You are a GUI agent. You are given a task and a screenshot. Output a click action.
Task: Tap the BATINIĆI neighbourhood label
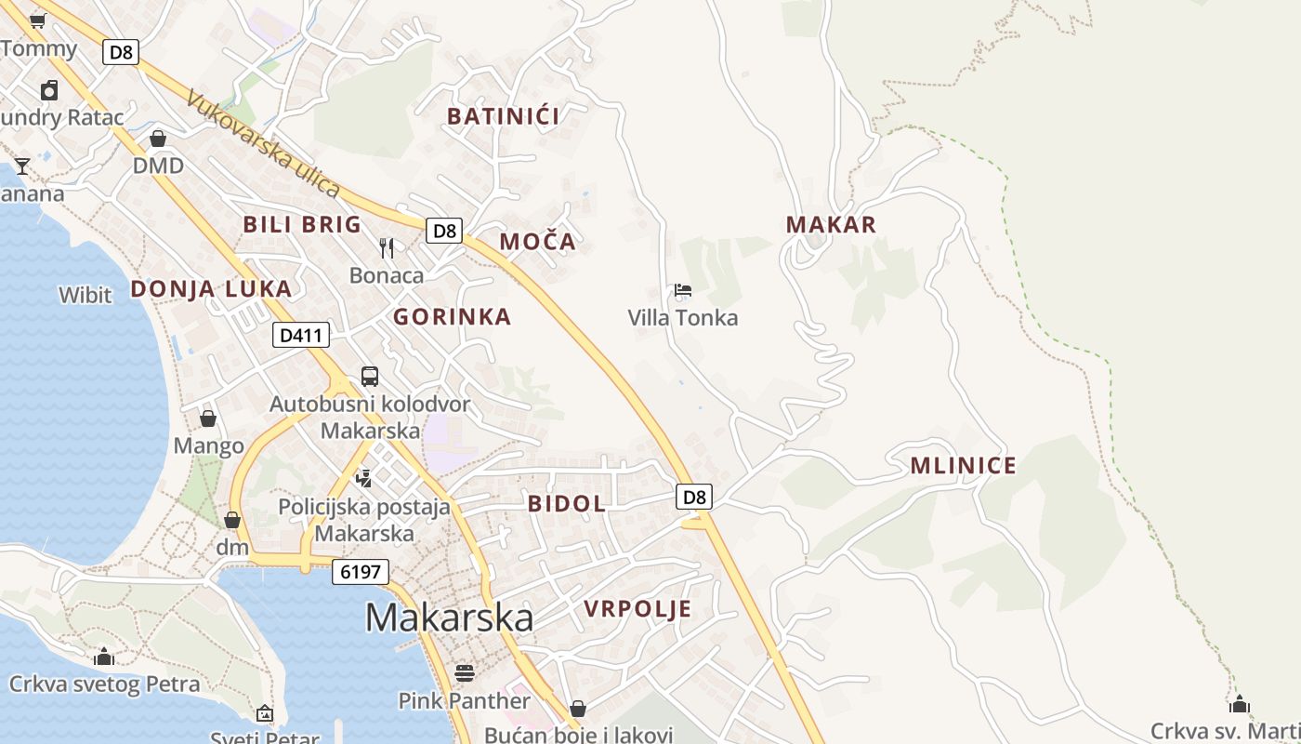(x=503, y=116)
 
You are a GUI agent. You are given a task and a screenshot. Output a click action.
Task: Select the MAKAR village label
(x=831, y=224)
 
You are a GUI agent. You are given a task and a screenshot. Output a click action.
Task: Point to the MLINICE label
(x=963, y=466)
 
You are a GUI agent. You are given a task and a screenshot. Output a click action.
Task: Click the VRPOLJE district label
(x=637, y=609)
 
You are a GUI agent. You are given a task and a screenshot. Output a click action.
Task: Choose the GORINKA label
(x=452, y=317)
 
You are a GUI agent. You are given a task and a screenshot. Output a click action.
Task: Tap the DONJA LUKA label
(x=211, y=288)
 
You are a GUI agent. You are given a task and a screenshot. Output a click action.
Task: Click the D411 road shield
(x=301, y=335)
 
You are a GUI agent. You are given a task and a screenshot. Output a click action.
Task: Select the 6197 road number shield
(x=361, y=571)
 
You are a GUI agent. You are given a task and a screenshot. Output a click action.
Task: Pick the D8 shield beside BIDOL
(x=695, y=497)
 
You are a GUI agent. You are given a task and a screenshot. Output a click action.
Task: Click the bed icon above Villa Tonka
(x=683, y=290)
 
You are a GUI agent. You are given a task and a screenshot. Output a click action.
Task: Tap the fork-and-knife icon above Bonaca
(x=387, y=247)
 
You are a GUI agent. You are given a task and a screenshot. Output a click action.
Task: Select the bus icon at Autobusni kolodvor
(x=370, y=377)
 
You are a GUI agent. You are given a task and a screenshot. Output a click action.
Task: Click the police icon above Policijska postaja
(x=364, y=478)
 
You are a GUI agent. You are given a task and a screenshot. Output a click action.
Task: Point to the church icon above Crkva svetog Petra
(x=104, y=657)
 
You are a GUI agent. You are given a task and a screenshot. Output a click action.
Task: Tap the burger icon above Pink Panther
(x=464, y=672)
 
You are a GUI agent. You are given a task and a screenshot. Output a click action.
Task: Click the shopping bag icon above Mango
(x=208, y=418)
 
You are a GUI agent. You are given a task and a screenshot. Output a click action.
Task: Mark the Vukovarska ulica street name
(x=264, y=143)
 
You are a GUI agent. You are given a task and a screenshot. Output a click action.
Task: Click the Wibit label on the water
(x=85, y=296)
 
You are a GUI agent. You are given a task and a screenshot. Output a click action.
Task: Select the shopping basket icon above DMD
(x=158, y=139)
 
